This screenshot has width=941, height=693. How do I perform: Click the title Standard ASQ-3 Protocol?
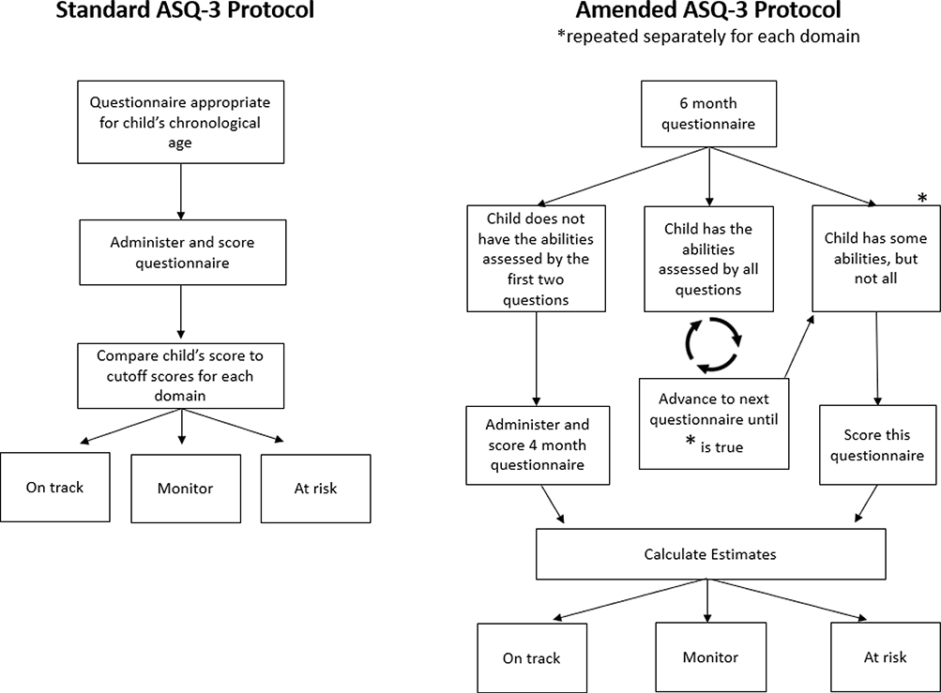click(x=185, y=9)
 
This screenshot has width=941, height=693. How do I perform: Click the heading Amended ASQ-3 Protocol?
click(x=708, y=9)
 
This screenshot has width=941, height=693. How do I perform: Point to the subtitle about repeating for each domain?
click(x=708, y=36)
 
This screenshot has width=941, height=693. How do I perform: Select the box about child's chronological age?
click(x=181, y=123)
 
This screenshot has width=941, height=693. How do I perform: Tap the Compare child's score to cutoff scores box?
click(x=181, y=376)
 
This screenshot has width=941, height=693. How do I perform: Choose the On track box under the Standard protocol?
click(x=55, y=488)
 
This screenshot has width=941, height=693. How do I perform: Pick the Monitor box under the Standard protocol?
click(x=186, y=489)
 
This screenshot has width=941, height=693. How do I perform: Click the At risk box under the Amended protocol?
click(x=886, y=657)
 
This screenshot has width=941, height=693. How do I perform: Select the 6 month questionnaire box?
click(x=708, y=114)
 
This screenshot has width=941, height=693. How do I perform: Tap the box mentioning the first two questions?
click(x=536, y=259)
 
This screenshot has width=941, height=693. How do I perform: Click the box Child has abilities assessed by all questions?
click(x=708, y=259)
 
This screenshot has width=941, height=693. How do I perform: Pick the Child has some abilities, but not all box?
click(x=876, y=259)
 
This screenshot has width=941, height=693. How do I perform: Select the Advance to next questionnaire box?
click(x=714, y=424)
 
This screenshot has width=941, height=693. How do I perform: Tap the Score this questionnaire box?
click(x=878, y=445)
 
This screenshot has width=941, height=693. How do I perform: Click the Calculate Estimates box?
click(x=710, y=554)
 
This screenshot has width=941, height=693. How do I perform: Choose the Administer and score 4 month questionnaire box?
click(x=538, y=445)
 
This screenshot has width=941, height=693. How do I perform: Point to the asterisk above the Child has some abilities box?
click(x=922, y=198)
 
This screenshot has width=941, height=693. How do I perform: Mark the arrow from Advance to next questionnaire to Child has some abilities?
click(x=799, y=346)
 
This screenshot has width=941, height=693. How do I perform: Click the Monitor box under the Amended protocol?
click(x=710, y=657)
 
